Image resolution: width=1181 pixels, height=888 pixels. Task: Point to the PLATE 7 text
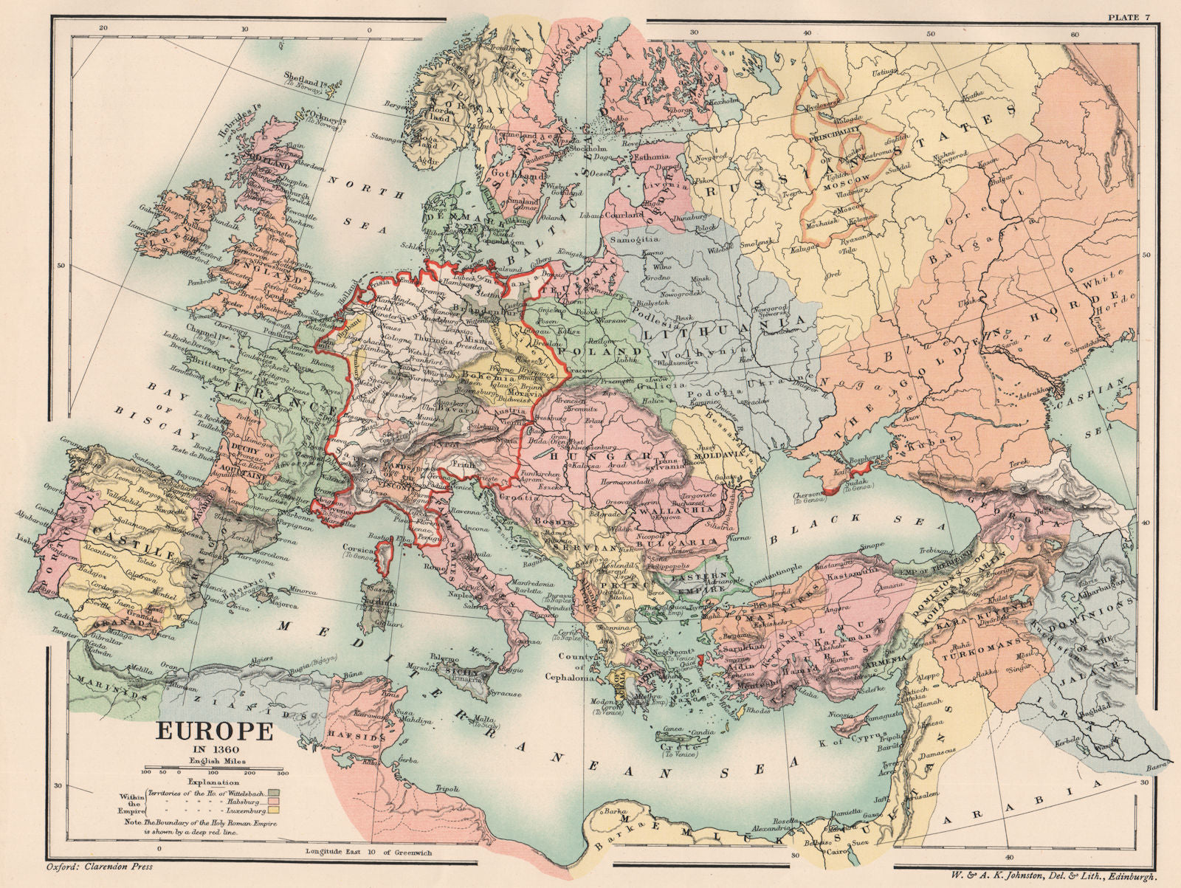1123,16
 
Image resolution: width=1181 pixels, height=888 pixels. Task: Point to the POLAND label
602,351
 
